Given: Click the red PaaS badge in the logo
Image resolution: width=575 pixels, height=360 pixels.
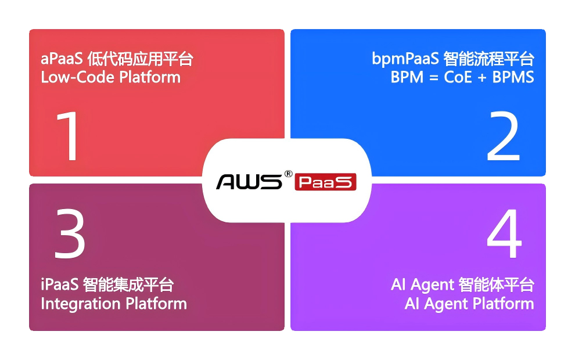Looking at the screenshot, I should coord(325,182).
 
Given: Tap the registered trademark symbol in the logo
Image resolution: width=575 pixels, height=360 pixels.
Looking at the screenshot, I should coord(287,173).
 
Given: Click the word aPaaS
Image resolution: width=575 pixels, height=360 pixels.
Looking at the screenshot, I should coord(62,59).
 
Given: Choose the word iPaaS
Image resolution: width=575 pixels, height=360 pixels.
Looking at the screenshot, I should coord(60,286).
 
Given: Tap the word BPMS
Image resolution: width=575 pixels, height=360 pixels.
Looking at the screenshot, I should coord(513,77).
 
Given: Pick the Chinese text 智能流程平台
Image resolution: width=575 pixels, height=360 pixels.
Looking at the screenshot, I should coord(488,59).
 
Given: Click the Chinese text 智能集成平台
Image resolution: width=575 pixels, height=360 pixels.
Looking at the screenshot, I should coord(128,286).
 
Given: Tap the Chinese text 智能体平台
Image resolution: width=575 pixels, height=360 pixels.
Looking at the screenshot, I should coord(496,286).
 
